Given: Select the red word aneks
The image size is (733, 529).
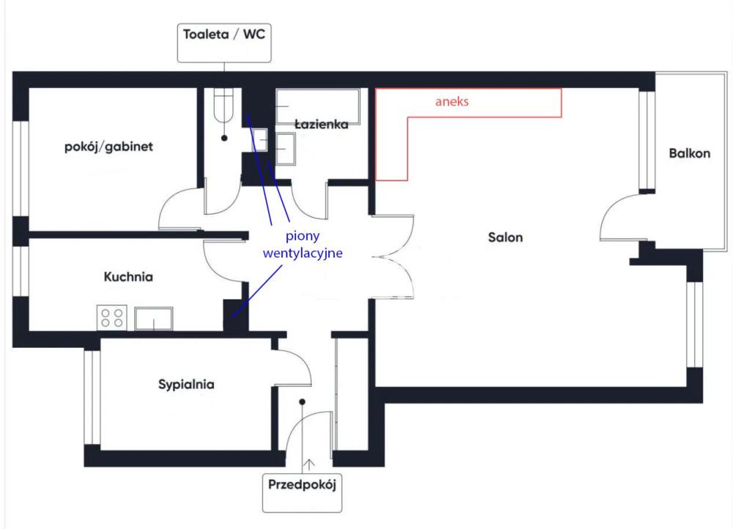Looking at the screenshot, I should pos(452,103).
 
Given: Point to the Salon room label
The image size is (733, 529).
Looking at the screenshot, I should pos(505,238).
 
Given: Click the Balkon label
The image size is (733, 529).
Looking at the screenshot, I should pos(689,154).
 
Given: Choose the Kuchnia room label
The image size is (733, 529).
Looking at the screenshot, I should pos(128,277).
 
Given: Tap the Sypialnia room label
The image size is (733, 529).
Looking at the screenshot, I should pos(186,384).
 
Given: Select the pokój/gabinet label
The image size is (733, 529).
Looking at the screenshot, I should pos(108,147).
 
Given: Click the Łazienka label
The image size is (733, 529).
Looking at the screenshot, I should pos(320,125).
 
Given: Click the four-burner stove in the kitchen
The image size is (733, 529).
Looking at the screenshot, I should pos(112,317).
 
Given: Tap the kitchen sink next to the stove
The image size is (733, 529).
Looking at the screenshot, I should pos(153,318).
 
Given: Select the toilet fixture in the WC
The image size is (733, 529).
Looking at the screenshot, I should pos(222,106).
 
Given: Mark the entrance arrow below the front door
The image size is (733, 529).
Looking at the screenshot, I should pos(310,464).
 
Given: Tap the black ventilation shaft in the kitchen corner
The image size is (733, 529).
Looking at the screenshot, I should pos(234,314).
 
